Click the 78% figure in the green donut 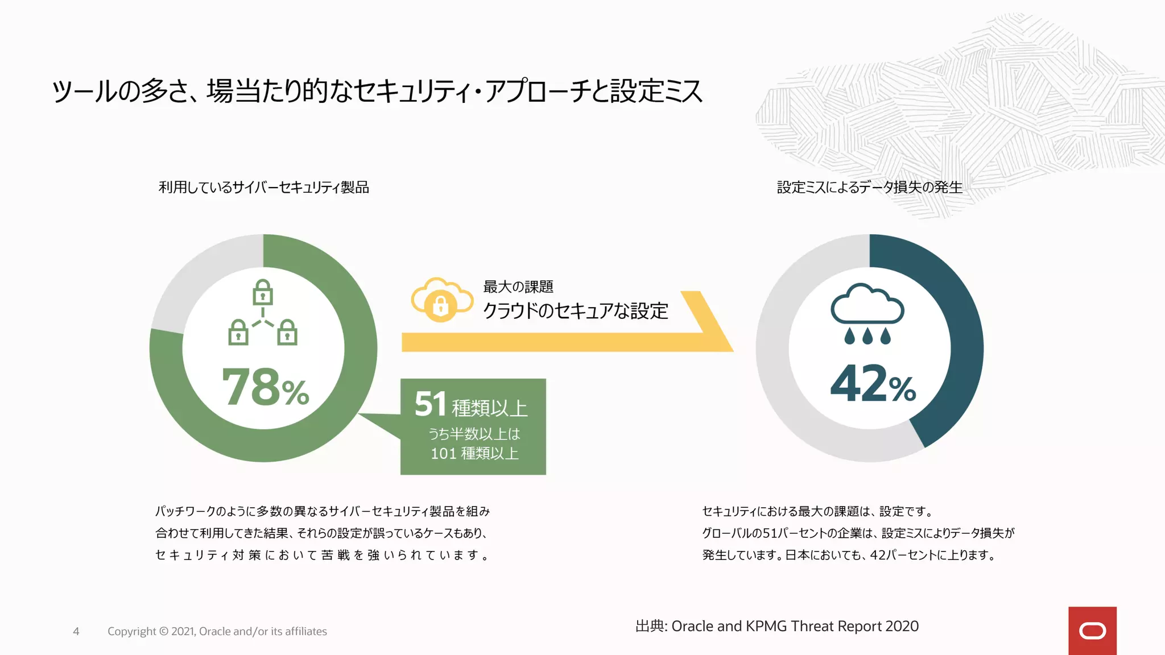pos(265,388)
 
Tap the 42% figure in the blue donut pos(873,384)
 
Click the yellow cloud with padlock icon pos(441,300)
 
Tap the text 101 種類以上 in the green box pos(474,454)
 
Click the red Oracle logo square pos(1092,631)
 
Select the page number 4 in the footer pos(76,631)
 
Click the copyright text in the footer pos(217,631)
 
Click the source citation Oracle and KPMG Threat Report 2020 pos(777,626)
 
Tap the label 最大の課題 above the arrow pos(518,287)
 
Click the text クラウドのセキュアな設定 pos(575,311)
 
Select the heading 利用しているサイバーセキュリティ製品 pos(263,187)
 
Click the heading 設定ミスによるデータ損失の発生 pos(869,187)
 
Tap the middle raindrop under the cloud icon pos(867,336)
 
